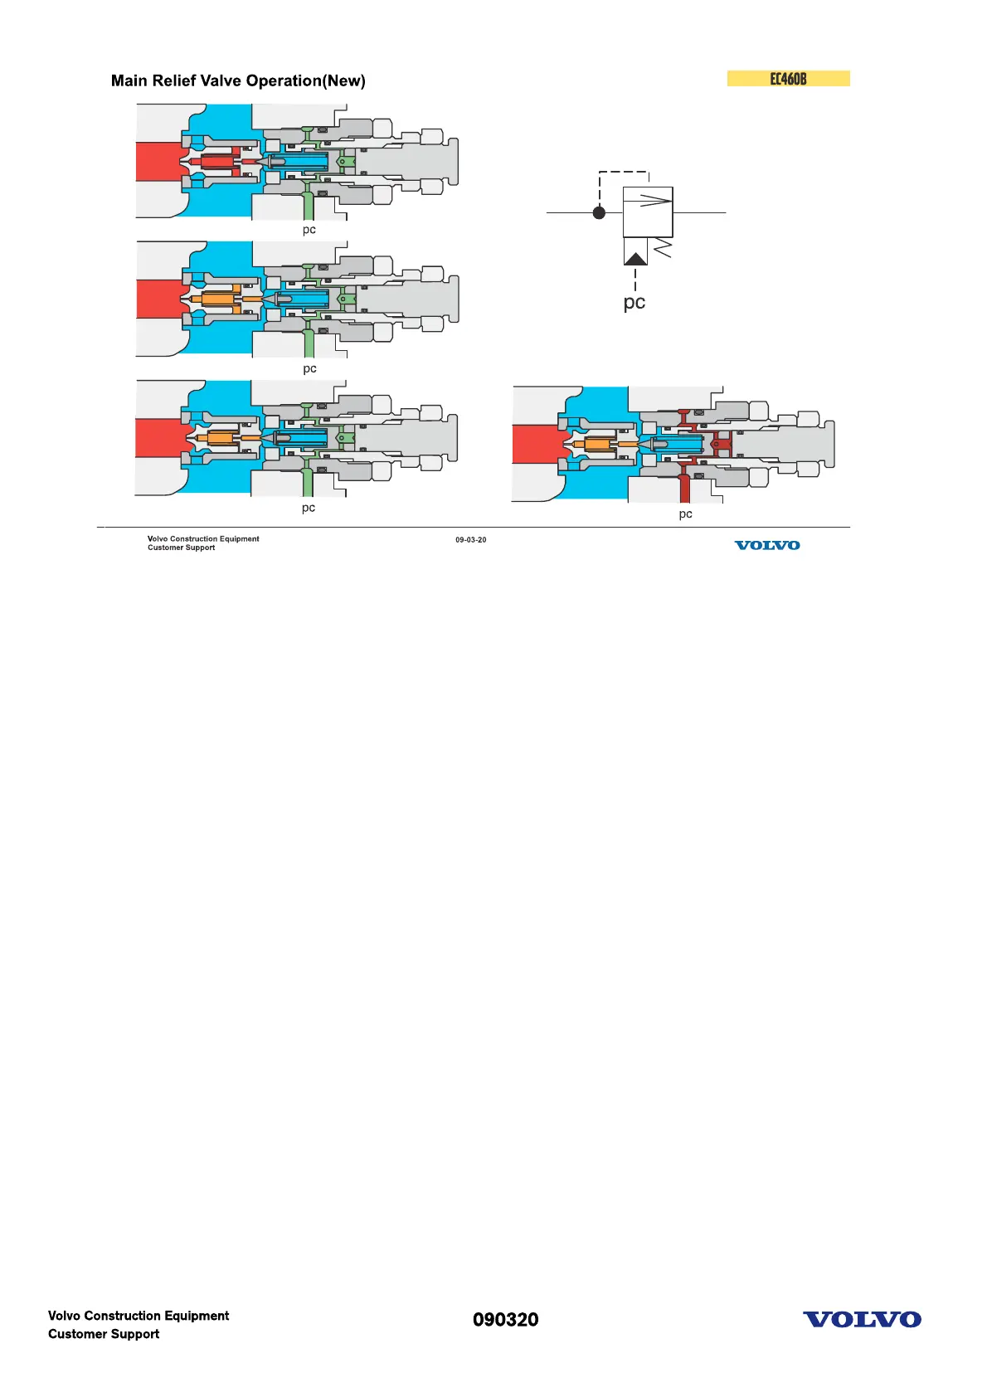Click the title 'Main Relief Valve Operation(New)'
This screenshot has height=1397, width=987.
click(238, 80)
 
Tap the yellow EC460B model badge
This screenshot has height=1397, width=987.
click(788, 79)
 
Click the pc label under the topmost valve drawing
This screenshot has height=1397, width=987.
click(309, 230)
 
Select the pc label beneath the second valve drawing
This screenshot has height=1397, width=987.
click(309, 368)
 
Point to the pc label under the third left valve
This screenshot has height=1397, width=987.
click(309, 508)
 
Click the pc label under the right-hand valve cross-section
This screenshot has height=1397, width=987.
click(685, 514)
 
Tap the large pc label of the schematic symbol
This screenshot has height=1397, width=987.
click(634, 303)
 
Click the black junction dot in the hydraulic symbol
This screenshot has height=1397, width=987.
click(600, 212)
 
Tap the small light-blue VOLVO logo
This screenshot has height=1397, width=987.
click(767, 545)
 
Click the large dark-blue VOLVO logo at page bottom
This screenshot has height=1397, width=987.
click(862, 1320)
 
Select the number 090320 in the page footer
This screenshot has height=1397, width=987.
click(505, 1320)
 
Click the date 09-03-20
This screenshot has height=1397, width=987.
click(470, 540)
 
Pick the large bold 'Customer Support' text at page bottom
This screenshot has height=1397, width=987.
click(104, 1334)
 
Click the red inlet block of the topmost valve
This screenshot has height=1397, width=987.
click(159, 161)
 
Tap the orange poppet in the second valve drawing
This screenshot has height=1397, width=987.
click(217, 299)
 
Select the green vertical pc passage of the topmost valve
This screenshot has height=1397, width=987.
click(309, 205)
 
